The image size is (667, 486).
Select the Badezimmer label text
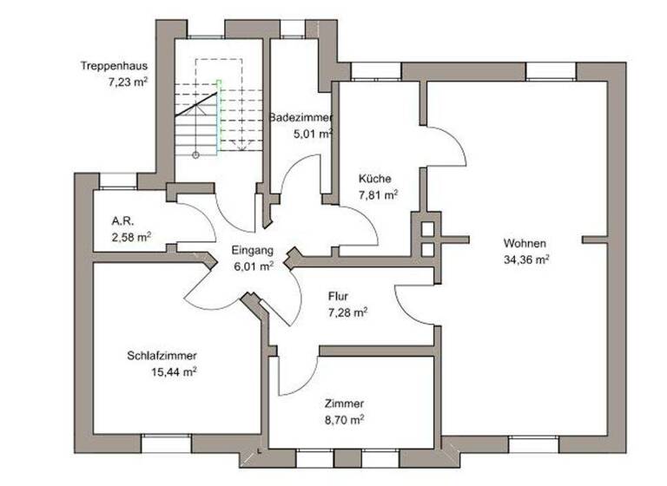300,117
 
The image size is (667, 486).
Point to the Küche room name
374,180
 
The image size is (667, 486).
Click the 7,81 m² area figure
378,195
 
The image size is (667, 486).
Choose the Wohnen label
524,244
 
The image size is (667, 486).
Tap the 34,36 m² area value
525,259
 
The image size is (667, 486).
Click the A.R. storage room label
122,220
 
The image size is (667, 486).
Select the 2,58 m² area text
131,236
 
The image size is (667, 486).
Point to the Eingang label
253,251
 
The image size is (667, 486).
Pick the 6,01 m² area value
254,266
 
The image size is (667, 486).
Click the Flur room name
339,295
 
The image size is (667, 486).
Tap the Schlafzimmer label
162,356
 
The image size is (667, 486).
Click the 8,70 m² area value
343,418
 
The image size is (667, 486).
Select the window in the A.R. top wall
118,181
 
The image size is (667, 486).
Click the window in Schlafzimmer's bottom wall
166,442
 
